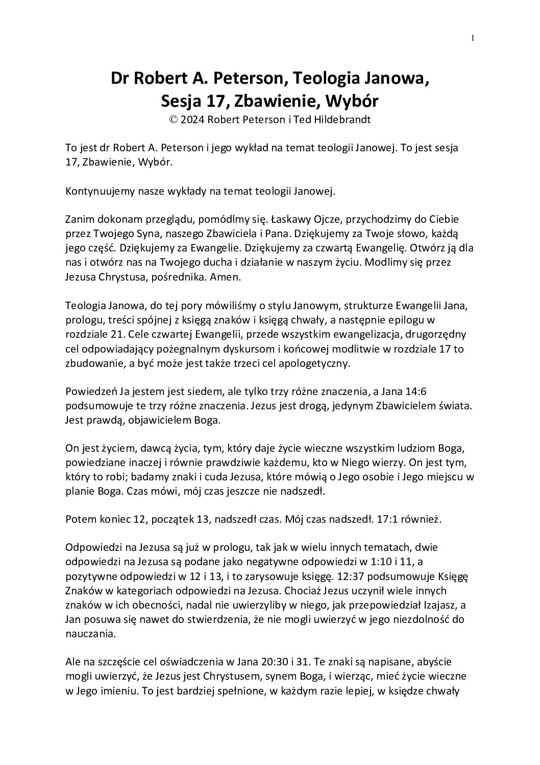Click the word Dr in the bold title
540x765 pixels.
[x=120, y=79]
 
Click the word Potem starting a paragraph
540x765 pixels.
[x=79, y=519]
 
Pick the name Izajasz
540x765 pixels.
[x=439, y=605]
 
